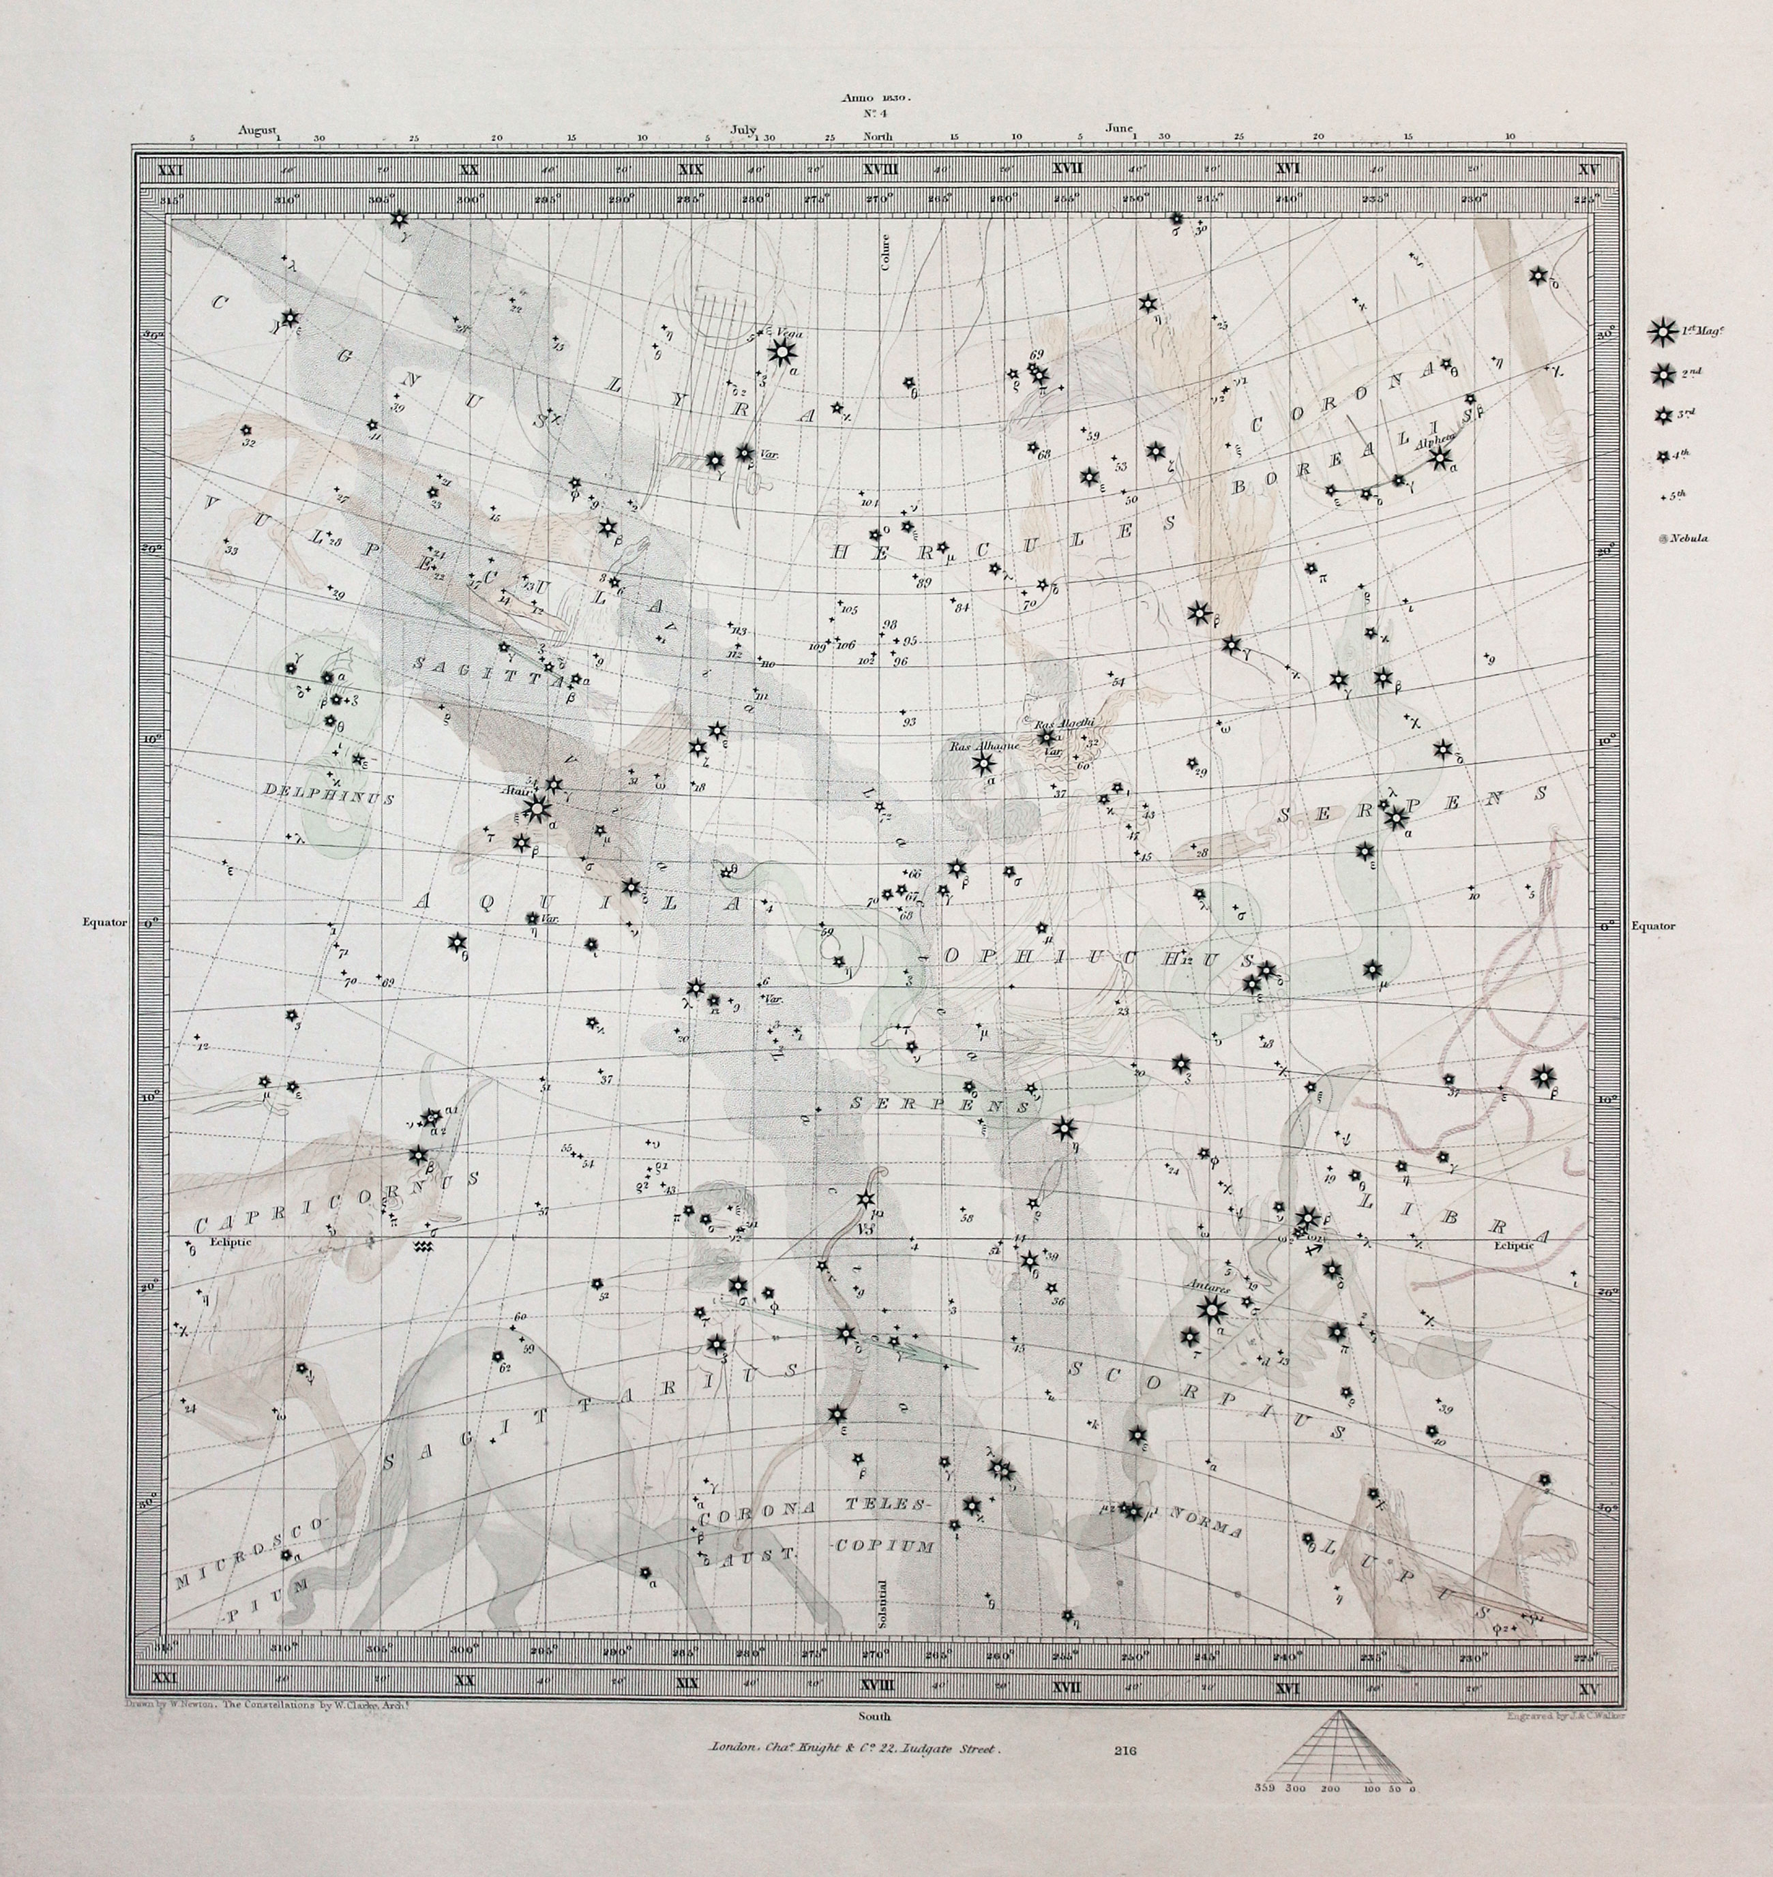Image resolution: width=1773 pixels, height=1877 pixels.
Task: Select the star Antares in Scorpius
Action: point(1210,1309)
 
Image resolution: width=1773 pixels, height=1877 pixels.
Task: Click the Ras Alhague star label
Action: point(974,746)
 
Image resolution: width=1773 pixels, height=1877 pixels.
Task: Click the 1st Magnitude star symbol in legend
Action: point(1660,333)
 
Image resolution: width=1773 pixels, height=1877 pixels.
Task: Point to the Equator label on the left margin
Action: point(104,922)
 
